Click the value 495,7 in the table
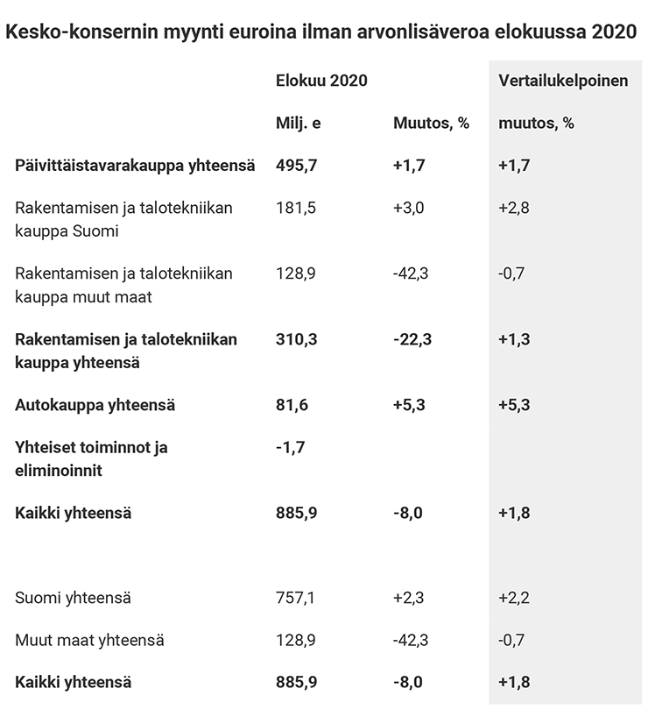pyautogui.click(x=296, y=165)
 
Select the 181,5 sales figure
pyautogui.click(x=296, y=208)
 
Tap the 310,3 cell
pyautogui.click(x=296, y=339)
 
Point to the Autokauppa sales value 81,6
pyautogui.click(x=292, y=405)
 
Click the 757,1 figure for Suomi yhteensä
pyautogui.click(x=295, y=598)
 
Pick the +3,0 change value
pyautogui.click(x=409, y=208)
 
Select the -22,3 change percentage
pyautogui.click(x=412, y=339)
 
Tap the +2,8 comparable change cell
pyautogui.click(x=514, y=208)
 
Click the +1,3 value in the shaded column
pyautogui.click(x=514, y=339)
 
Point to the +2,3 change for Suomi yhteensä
pyautogui.click(x=409, y=598)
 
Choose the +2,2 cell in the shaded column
pyautogui.click(x=514, y=598)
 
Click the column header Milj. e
pyautogui.click(x=298, y=123)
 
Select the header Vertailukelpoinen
pyautogui.click(x=563, y=81)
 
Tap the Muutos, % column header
pyautogui.click(x=431, y=123)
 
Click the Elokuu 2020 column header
pyautogui.click(x=321, y=81)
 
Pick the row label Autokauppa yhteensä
pyautogui.click(x=95, y=405)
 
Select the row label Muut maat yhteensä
pyautogui.click(x=89, y=640)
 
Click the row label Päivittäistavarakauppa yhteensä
pyautogui.click(x=135, y=166)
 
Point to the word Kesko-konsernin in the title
pyautogui.click(x=81, y=32)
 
